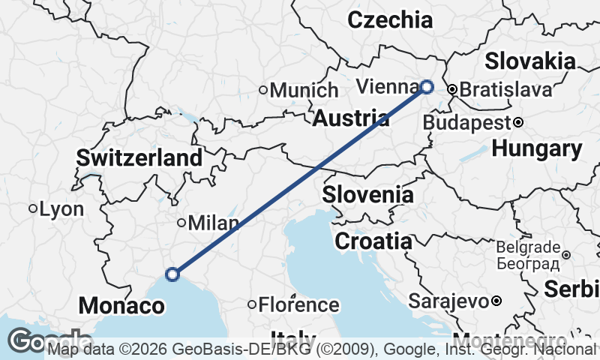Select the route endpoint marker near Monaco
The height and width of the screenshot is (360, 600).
point(172,274)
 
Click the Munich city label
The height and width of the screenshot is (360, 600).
point(304,91)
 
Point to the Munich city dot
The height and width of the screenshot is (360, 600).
point(263,91)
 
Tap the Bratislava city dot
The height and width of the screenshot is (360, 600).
point(453,90)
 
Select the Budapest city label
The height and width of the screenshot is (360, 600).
point(466,122)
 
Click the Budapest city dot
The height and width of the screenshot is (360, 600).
point(517,122)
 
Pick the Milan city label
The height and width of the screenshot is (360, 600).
point(214,223)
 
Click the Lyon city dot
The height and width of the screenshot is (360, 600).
point(33,208)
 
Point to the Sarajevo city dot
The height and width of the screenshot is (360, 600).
point(496,301)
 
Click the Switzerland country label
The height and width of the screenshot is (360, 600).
point(139,158)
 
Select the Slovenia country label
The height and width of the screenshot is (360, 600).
point(367,195)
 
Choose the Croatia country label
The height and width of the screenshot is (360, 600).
point(373,241)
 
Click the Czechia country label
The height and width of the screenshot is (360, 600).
point(390,19)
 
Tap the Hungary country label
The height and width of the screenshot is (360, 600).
point(536,149)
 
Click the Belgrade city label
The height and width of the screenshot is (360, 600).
point(528,247)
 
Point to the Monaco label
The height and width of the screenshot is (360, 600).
point(121,306)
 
